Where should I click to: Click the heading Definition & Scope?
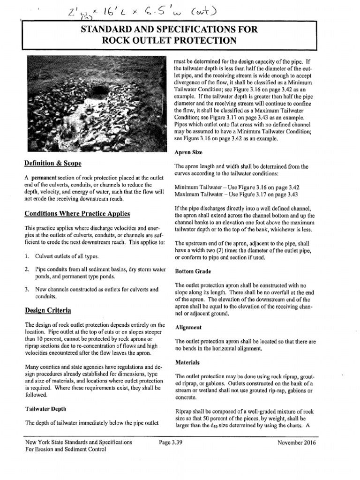[x=52, y=163]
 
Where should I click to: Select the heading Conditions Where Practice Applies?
[x=77, y=214]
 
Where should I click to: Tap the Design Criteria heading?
[x=48, y=310]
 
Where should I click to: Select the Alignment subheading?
[x=188, y=327]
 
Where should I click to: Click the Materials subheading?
[x=187, y=362]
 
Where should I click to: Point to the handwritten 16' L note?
[x=108, y=10]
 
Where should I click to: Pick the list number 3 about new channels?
[x=27, y=290]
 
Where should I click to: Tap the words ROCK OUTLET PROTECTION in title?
[x=169, y=40]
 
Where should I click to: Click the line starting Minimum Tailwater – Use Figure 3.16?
[x=236, y=187]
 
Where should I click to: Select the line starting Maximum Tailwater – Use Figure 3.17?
[x=237, y=194]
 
